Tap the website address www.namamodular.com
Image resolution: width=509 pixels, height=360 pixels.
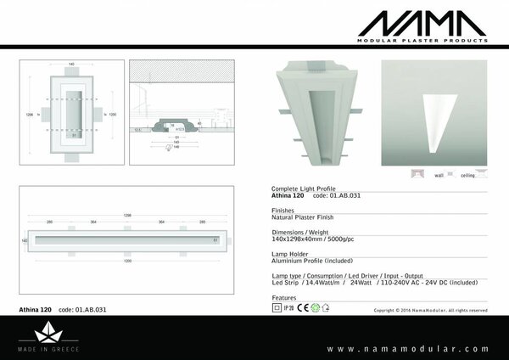pos(408,348)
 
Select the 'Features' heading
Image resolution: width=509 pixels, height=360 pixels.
pos(283,299)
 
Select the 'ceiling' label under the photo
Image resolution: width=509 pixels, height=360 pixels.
pos(467,176)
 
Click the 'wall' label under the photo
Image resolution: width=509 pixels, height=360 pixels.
pos(439,176)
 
